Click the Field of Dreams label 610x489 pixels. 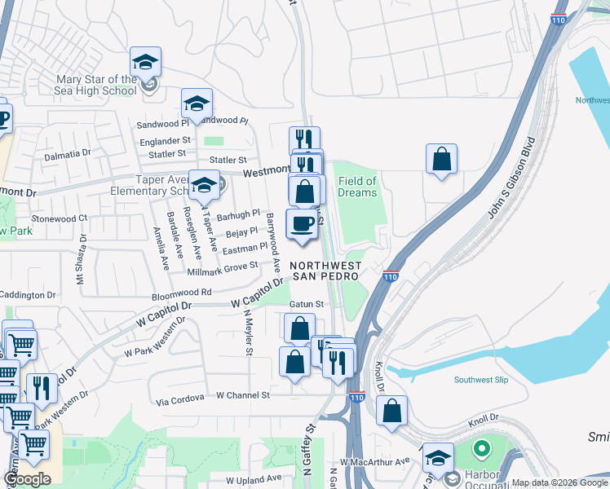pyautogui.click(x=357, y=187)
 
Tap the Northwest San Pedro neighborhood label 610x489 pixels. pyautogui.click(x=325, y=271)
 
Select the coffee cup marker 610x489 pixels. pyautogui.click(x=302, y=225)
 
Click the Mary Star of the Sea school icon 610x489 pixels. pyautogui.click(x=146, y=63)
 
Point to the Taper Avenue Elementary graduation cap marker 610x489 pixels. pyautogui.click(x=204, y=185)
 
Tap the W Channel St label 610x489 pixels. pyautogui.click(x=242, y=395)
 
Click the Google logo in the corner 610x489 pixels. pyautogui.click(x=27, y=479)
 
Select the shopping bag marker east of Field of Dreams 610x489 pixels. pyautogui.click(x=441, y=161)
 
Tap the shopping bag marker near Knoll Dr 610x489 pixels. pyautogui.click(x=392, y=412)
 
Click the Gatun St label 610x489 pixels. pyautogui.click(x=307, y=304)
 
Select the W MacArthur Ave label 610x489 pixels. pyautogui.click(x=375, y=462)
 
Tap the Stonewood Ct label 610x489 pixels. pyautogui.click(x=59, y=218)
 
